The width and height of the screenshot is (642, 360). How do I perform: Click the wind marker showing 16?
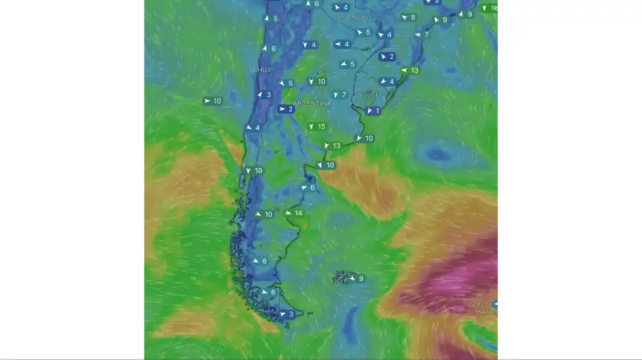(489, 8)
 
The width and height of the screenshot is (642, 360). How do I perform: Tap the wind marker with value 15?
(317, 127)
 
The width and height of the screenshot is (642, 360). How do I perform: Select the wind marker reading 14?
(294, 213)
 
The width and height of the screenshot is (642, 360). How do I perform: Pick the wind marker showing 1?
(373, 110)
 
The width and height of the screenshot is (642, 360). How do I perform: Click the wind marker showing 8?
(408, 17)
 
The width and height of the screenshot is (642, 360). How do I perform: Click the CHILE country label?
(263, 69)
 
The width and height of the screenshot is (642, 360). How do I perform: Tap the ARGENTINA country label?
(313, 103)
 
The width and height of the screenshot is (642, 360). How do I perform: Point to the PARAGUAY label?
(355, 16)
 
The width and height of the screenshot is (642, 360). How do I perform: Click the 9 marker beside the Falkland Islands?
(357, 278)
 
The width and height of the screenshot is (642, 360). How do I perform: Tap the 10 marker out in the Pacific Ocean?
(213, 101)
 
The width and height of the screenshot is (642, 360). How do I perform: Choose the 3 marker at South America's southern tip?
(287, 314)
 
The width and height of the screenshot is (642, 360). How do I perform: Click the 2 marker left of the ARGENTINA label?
(286, 109)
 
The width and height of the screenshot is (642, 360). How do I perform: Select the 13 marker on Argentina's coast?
(332, 145)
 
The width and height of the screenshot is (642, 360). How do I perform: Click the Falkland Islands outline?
(342, 277)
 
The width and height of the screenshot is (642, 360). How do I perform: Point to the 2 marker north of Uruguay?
(387, 56)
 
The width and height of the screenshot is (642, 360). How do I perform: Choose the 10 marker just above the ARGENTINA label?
(317, 81)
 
